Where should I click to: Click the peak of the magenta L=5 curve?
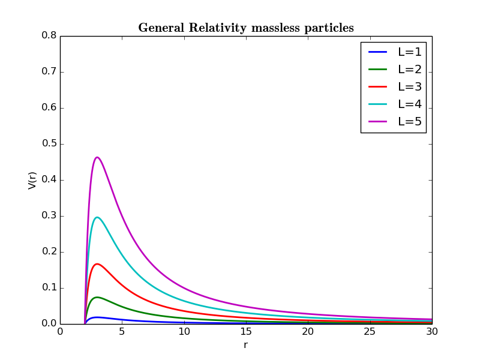pos(97,157)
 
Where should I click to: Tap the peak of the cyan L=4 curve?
pos(97,217)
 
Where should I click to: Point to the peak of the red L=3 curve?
pos(97,264)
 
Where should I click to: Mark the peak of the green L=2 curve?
pos(97,297)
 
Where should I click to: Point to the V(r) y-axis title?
pos(32,180)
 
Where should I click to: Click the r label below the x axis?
pos(245,345)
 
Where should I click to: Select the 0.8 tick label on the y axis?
pos(49,36)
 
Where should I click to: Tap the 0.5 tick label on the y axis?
pos(49,144)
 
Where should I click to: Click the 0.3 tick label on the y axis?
pos(49,216)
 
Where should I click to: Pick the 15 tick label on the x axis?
pos(245,331)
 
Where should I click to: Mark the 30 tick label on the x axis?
pos(431,331)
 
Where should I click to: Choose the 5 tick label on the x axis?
pos(122,331)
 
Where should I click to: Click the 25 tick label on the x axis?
pos(370,331)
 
